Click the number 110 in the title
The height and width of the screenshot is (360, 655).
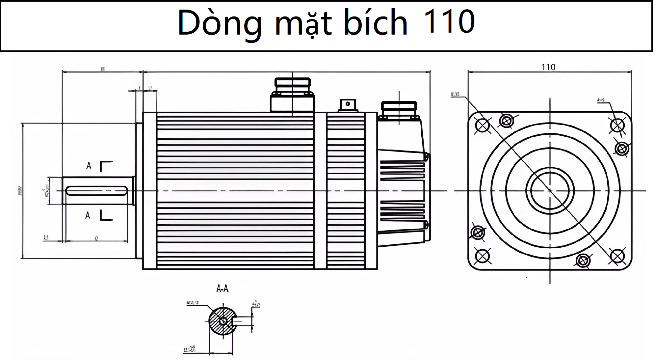point(449,22)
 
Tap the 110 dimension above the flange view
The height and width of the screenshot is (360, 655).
point(548,67)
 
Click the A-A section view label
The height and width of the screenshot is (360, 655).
point(222,289)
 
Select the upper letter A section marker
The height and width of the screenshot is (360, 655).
point(89,165)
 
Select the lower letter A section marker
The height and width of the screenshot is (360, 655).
point(88,215)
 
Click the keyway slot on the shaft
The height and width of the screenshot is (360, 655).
point(97,191)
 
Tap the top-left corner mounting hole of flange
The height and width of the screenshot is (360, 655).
point(483,125)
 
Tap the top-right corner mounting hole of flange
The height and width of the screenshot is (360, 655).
point(617,125)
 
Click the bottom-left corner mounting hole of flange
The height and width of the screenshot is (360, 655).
point(483,256)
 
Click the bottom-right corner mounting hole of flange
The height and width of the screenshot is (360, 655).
point(617,256)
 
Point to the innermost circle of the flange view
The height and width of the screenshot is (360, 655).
point(550,190)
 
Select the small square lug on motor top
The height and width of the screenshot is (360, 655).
point(348,104)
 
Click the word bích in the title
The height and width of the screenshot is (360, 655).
point(375,23)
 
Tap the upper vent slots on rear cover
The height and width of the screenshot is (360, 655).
point(402,171)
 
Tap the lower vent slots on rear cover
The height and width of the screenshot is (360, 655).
point(402,210)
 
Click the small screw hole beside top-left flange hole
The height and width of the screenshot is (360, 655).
point(506,121)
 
